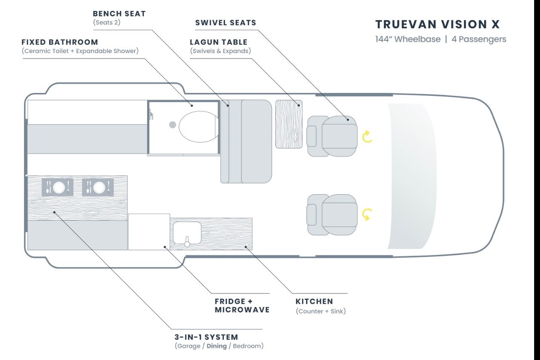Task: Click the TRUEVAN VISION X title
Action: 437,24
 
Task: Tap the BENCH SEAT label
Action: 119,14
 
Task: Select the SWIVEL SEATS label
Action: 226,23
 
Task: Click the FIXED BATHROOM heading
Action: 60,42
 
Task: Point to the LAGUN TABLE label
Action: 219,42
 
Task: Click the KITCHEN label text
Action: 314,302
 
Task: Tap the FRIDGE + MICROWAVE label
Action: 242,305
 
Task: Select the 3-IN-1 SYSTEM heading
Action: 206,337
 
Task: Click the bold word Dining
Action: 217,346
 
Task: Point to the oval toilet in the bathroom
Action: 199,127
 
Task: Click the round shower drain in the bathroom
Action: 172,125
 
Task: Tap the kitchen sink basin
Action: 187,233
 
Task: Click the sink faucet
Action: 187,241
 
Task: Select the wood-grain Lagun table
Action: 289,124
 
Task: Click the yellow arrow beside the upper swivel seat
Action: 367,137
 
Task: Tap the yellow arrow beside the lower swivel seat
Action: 367,214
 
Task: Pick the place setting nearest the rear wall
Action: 57,187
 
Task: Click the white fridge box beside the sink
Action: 149,232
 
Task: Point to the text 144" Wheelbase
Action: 408,39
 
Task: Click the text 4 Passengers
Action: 479,39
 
